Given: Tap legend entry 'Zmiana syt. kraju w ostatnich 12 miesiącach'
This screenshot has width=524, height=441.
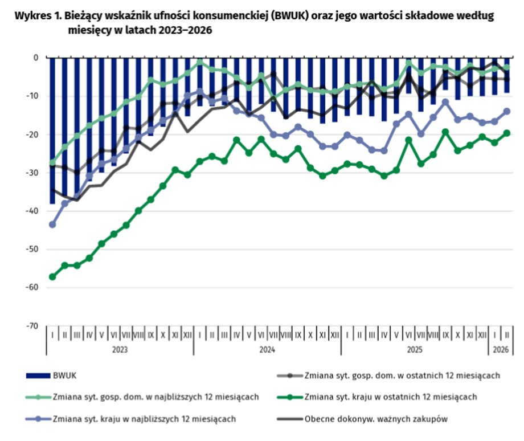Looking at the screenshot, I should [x=391, y=397].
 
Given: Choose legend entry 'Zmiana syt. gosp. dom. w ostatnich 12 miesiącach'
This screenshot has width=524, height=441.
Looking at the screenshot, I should [x=402, y=375].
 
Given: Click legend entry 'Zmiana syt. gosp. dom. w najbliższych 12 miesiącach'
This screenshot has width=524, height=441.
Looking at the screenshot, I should [x=156, y=397].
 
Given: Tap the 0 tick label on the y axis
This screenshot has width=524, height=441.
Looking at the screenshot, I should [x=36, y=58].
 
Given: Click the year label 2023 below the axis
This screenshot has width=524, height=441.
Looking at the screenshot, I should [x=119, y=349].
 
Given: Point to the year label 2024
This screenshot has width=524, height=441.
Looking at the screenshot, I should [x=267, y=349].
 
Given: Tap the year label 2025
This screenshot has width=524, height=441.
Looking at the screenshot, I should [x=414, y=349].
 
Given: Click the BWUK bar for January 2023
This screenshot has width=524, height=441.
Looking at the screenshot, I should [x=52, y=130].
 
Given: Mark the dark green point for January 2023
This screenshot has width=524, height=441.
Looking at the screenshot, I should [x=52, y=277].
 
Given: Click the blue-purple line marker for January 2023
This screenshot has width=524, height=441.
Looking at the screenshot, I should [x=52, y=224].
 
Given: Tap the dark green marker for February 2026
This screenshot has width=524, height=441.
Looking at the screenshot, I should [x=506, y=133].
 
